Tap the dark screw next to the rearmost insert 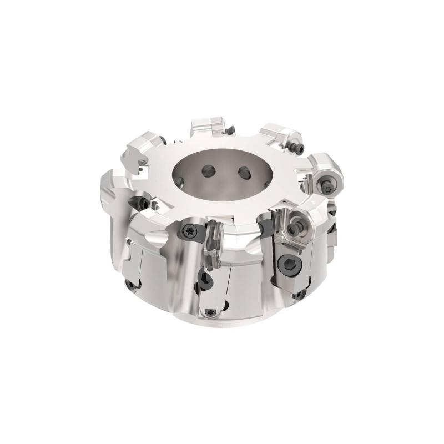pyautogui.click(x=231, y=131)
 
